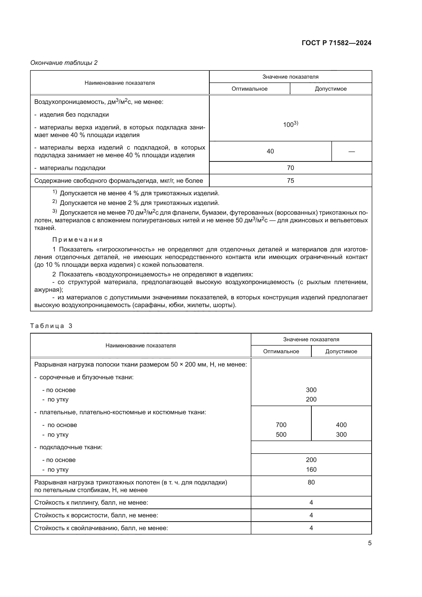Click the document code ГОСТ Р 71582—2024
point(337,43)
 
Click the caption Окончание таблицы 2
point(64,63)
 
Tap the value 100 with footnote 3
point(290,124)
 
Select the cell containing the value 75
point(290,180)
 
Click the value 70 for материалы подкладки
point(290,168)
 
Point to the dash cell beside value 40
point(351,151)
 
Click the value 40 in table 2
point(270,151)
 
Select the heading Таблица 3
point(51,326)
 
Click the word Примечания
point(78,239)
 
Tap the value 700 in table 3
point(281,425)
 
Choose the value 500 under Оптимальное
point(281,434)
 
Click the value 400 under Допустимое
point(341,425)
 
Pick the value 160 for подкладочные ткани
point(311,469)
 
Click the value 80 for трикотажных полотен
point(311,482)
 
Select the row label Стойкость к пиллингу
point(91,502)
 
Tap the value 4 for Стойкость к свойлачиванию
point(311,528)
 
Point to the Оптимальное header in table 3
point(281,351)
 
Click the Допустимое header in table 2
point(330,89)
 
